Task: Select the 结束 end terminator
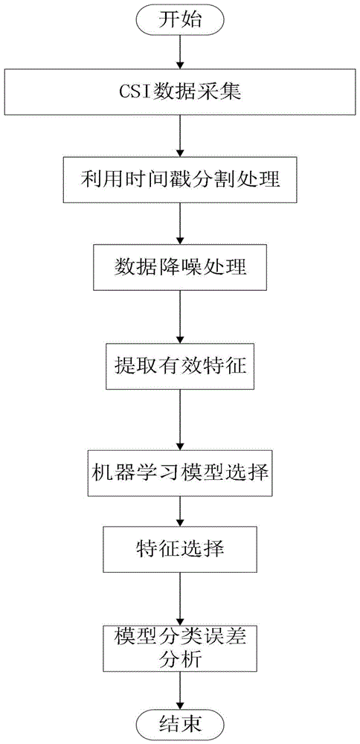click(x=179, y=725)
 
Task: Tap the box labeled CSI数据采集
click(x=179, y=91)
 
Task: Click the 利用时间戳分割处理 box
click(x=179, y=180)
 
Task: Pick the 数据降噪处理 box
click(x=179, y=268)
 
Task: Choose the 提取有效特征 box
click(x=179, y=368)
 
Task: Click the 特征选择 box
click(x=179, y=550)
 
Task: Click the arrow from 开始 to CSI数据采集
click(x=179, y=53)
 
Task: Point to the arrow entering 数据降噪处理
click(x=179, y=224)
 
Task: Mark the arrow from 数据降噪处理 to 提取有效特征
click(x=179, y=318)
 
